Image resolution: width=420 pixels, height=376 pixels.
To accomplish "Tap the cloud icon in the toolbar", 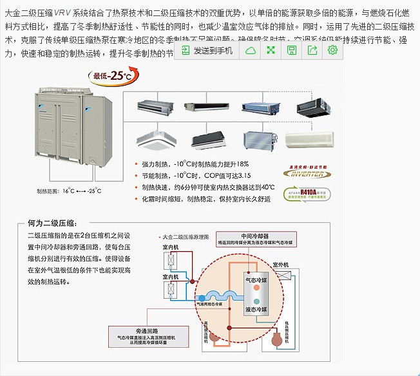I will pos(249,50).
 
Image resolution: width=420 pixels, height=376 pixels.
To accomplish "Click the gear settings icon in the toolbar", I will pos(332,50).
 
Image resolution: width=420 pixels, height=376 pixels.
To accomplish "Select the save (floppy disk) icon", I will pos(291,50).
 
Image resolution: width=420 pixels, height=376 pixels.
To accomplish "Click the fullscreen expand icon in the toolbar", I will pos(271,50).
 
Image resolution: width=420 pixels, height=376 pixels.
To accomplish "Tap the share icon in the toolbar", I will pos(312,50).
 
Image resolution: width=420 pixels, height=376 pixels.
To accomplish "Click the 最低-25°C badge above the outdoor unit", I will pos(108,76).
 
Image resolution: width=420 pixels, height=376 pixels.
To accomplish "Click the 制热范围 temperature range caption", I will pos(69,191).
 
